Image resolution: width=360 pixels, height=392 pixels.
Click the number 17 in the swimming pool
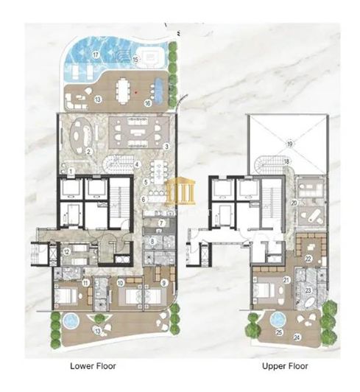click(x=96, y=55)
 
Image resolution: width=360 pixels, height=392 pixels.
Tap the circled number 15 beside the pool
click(x=135, y=60)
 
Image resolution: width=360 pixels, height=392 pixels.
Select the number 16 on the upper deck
click(x=148, y=102)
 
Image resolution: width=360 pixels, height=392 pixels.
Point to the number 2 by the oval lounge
click(x=88, y=151)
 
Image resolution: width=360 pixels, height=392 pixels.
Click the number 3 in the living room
click(x=167, y=147)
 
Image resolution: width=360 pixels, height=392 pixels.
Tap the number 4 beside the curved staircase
click(x=137, y=164)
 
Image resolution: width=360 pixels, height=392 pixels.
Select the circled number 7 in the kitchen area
click(x=162, y=223)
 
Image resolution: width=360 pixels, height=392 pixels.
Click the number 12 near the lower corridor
click(x=66, y=252)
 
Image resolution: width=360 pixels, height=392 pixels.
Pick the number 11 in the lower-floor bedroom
click(x=85, y=283)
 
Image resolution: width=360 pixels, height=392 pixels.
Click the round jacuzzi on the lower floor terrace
click(x=71, y=321)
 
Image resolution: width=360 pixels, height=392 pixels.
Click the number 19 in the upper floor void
click(x=289, y=144)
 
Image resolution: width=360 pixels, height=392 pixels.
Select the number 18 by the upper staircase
click(x=286, y=161)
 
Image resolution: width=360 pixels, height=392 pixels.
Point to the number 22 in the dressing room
click(x=308, y=259)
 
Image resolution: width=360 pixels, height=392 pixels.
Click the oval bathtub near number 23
click(x=310, y=303)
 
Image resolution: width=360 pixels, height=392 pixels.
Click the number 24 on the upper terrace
click(x=297, y=337)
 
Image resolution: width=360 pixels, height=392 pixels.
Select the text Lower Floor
click(x=93, y=366)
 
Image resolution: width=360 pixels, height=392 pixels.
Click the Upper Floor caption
click(x=285, y=366)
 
